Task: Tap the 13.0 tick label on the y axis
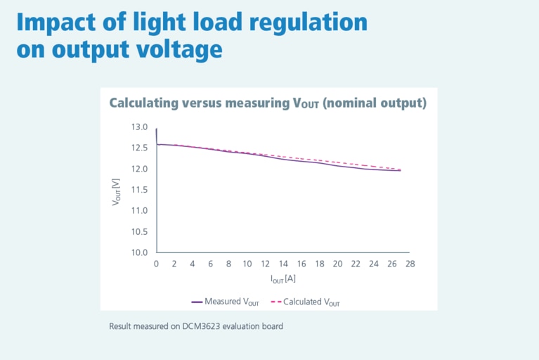point(139,127)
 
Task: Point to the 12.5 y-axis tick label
point(139,148)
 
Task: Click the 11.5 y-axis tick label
point(139,190)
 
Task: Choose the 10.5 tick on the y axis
point(139,231)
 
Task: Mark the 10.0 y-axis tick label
point(139,252)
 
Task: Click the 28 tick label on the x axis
point(410,264)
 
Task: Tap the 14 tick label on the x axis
point(283,264)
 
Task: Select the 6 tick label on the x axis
point(211,264)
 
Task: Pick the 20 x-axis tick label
point(337,264)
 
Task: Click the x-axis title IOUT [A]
point(283,279)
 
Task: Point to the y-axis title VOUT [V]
point(116,190)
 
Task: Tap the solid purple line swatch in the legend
point(197,302)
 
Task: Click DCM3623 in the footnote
point(183,326)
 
